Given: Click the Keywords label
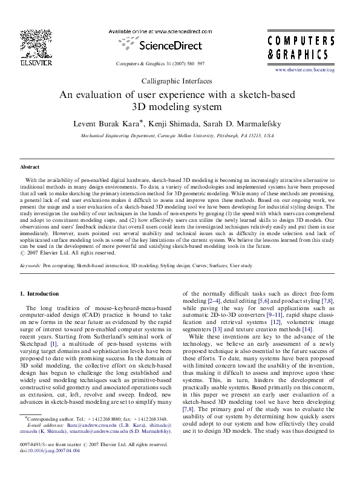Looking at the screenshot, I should pos(30,265).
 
